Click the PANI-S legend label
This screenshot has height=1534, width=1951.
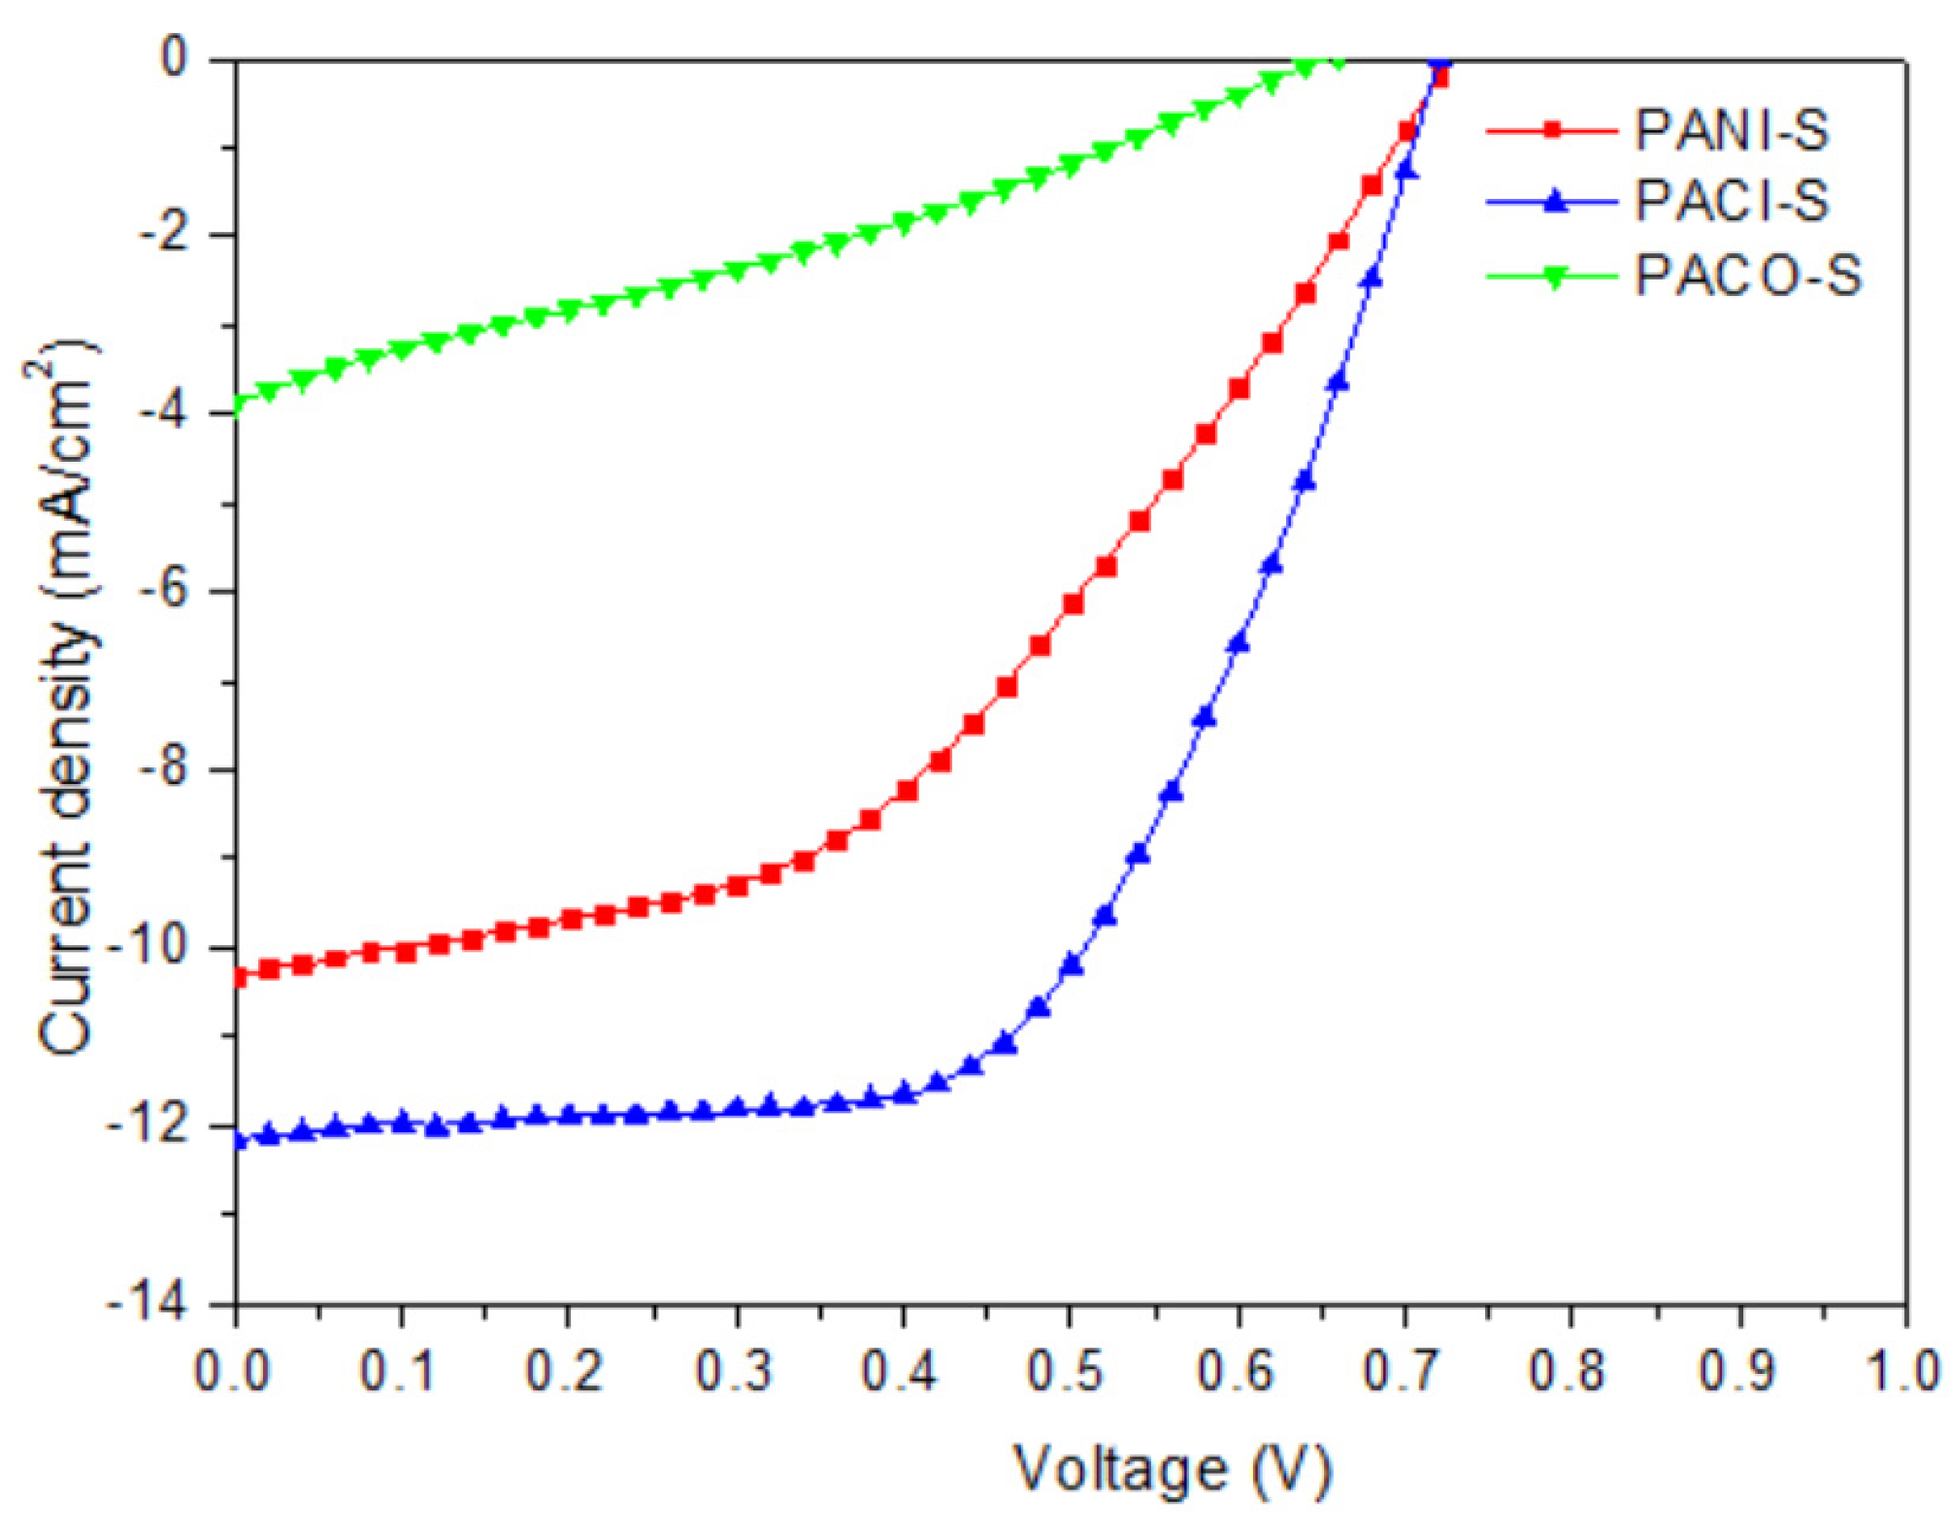tap(1731, 130)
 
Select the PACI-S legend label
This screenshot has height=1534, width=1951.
tap(1731, 202)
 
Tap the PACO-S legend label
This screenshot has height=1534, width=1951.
tap(1747, 276)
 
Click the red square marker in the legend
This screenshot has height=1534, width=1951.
tap(1553, 129)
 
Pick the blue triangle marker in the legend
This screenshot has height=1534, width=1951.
tap(1553, 202)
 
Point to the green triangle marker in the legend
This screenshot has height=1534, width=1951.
tap(1553, 277)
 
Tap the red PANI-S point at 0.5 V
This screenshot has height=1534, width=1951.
tap(1073, 604)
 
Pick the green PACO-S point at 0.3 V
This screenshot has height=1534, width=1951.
tap(737, 272)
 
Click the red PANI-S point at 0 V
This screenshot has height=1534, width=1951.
tap(237, 977)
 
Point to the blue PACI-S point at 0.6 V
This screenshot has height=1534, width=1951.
tap(1238, 643)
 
